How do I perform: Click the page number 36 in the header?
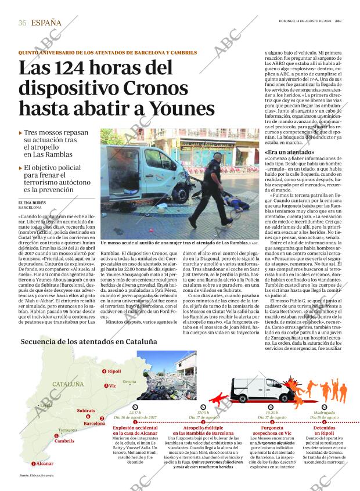(23, 23)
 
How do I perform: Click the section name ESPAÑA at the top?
(46, 23)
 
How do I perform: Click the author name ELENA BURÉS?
(33, 203)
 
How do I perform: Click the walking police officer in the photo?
(214, 192)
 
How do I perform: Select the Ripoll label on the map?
(114, 371)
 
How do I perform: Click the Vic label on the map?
(112, 385)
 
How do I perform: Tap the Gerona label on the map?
(129, 381)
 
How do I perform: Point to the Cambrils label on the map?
(64, 441)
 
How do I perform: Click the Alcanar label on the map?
(44, 463)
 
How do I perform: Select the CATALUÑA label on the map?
(68, 384)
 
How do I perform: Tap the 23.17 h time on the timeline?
(135, 413)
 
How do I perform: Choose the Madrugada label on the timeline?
(324, 413)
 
